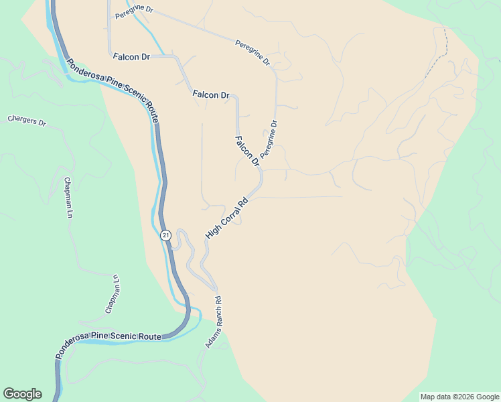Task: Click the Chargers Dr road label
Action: [26, 121]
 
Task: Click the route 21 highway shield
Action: [166, 235]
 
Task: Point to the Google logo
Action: [22, 394]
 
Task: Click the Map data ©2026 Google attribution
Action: [459, 397]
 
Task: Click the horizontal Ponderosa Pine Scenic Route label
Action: [109, 337]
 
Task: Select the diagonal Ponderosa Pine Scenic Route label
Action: [112, 86]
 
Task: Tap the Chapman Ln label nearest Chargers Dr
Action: [68, 198]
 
